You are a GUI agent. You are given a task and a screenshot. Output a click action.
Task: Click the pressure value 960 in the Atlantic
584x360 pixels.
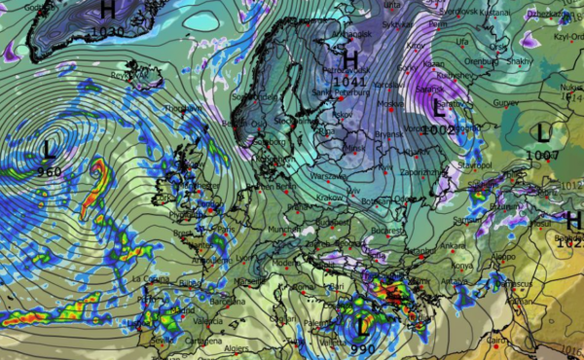pos(48,171)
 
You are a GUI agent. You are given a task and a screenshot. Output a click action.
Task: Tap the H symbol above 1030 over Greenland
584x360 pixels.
pos(107,10)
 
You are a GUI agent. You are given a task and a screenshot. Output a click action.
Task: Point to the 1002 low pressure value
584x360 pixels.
pos(438,129)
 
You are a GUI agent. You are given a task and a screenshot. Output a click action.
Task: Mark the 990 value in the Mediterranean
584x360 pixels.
pos(364,347)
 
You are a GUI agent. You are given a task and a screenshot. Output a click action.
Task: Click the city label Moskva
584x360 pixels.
pos(388,104)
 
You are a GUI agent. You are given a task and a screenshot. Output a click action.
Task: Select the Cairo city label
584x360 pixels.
pos(496,341)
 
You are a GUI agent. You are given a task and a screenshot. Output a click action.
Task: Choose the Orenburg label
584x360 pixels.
pos(507,58)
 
